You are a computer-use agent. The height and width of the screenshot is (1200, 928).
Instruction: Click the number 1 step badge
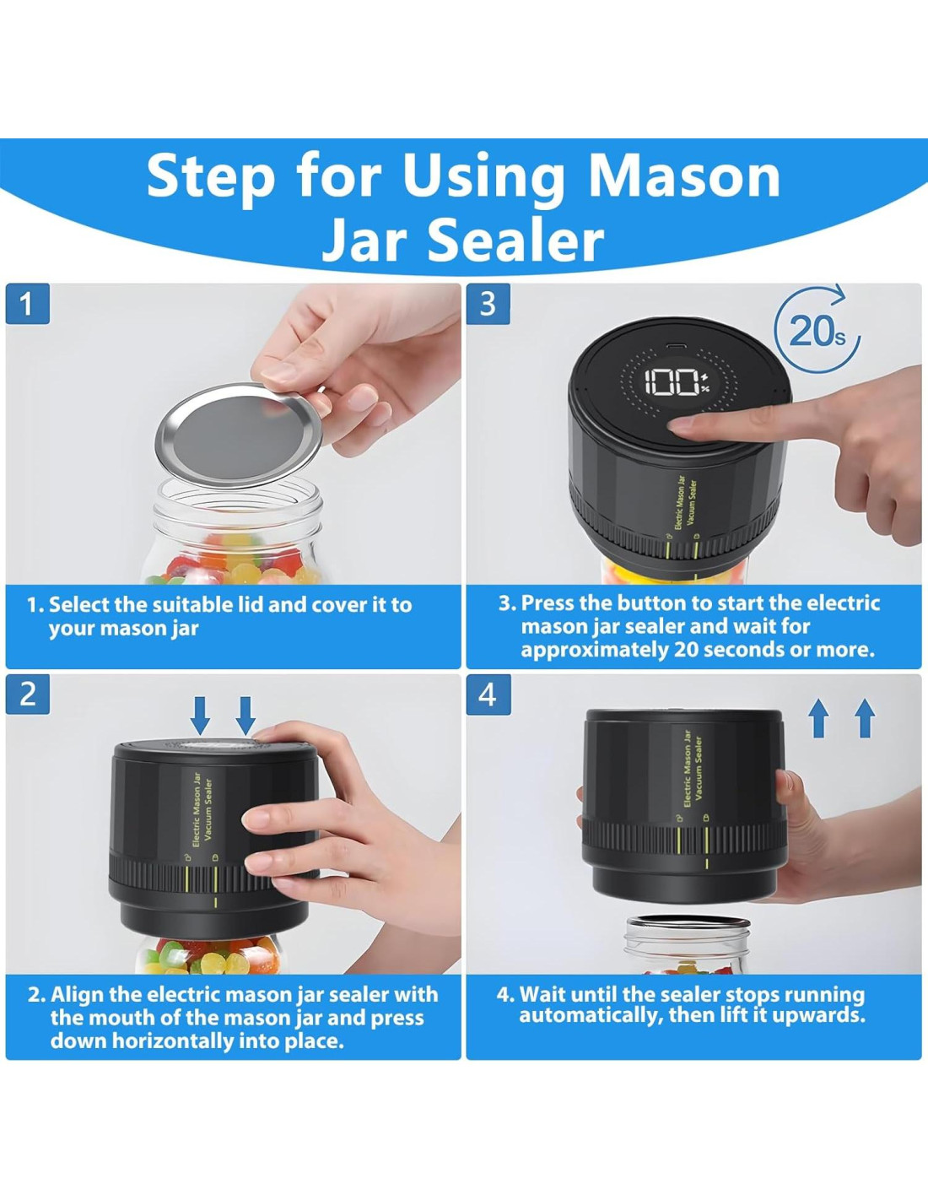pyautogui.click(x=28, y=304)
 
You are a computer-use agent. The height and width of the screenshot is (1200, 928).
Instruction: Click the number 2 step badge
pyautogui.click(x=28, y=695)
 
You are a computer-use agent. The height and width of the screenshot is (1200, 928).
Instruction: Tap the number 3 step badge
pyautogui.click(x=488, y=304)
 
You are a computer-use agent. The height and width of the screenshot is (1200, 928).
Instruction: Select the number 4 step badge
pyautogui.click(x=488, y=695)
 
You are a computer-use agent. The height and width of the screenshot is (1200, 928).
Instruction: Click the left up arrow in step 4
pyautogui.click(x=818, y=718)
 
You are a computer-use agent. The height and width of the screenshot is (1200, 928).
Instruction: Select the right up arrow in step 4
pyautogui.click(x=865, y=718)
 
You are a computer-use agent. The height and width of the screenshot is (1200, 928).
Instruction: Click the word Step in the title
pyautogui.click(x=210, y=178)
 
